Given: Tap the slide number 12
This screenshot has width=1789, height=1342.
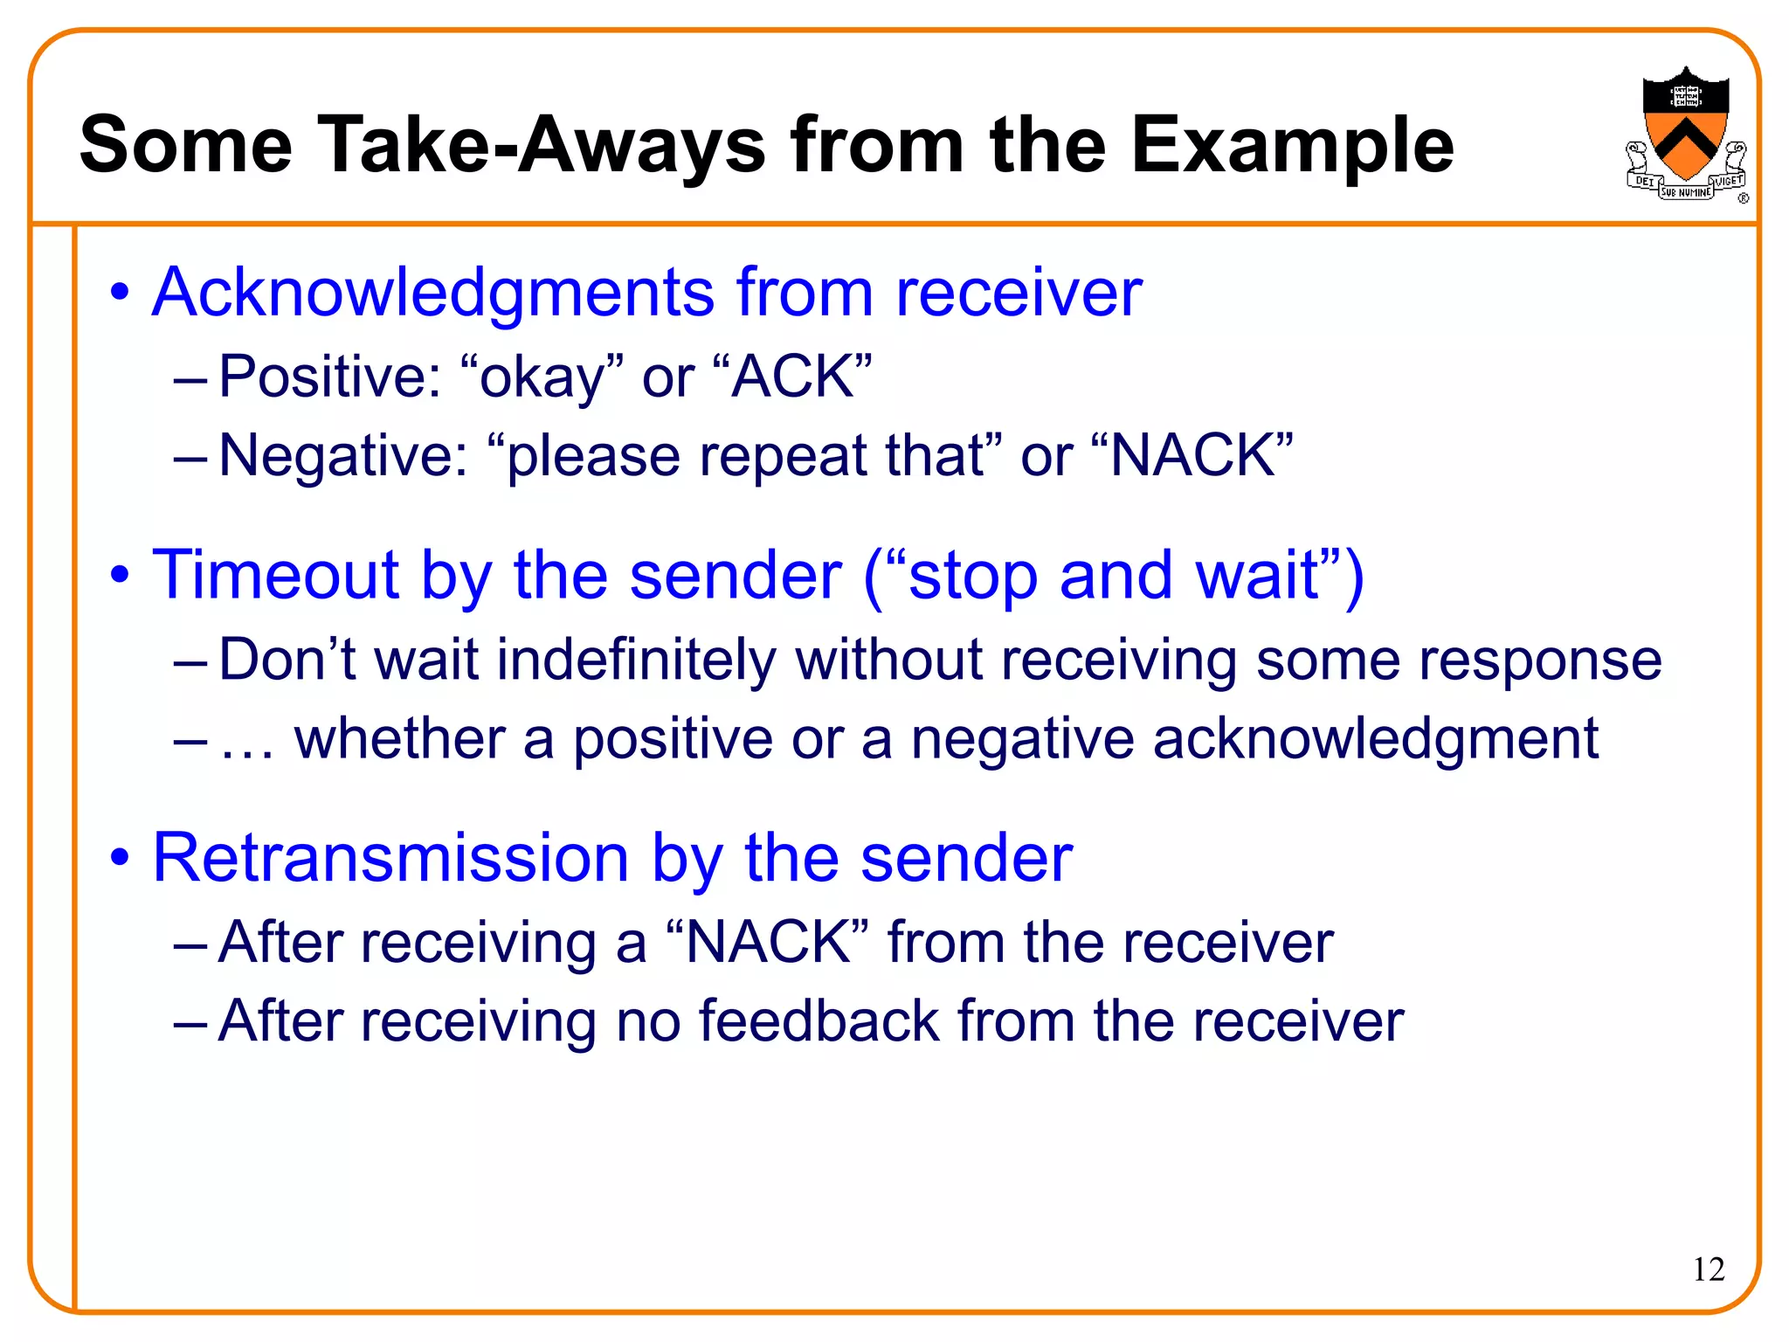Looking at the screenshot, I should pos(1709,1269).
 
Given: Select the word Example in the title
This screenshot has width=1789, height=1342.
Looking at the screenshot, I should pos(1292,145).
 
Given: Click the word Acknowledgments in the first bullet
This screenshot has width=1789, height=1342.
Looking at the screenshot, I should pos(433,293).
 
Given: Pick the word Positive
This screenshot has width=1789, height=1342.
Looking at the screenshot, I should pos(329,377).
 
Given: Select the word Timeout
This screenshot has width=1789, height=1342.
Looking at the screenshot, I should pos(275,575).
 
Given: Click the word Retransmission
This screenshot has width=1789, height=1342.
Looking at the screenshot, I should pos(390,858).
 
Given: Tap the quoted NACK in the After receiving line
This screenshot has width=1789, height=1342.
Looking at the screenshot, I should pos(768,943).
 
